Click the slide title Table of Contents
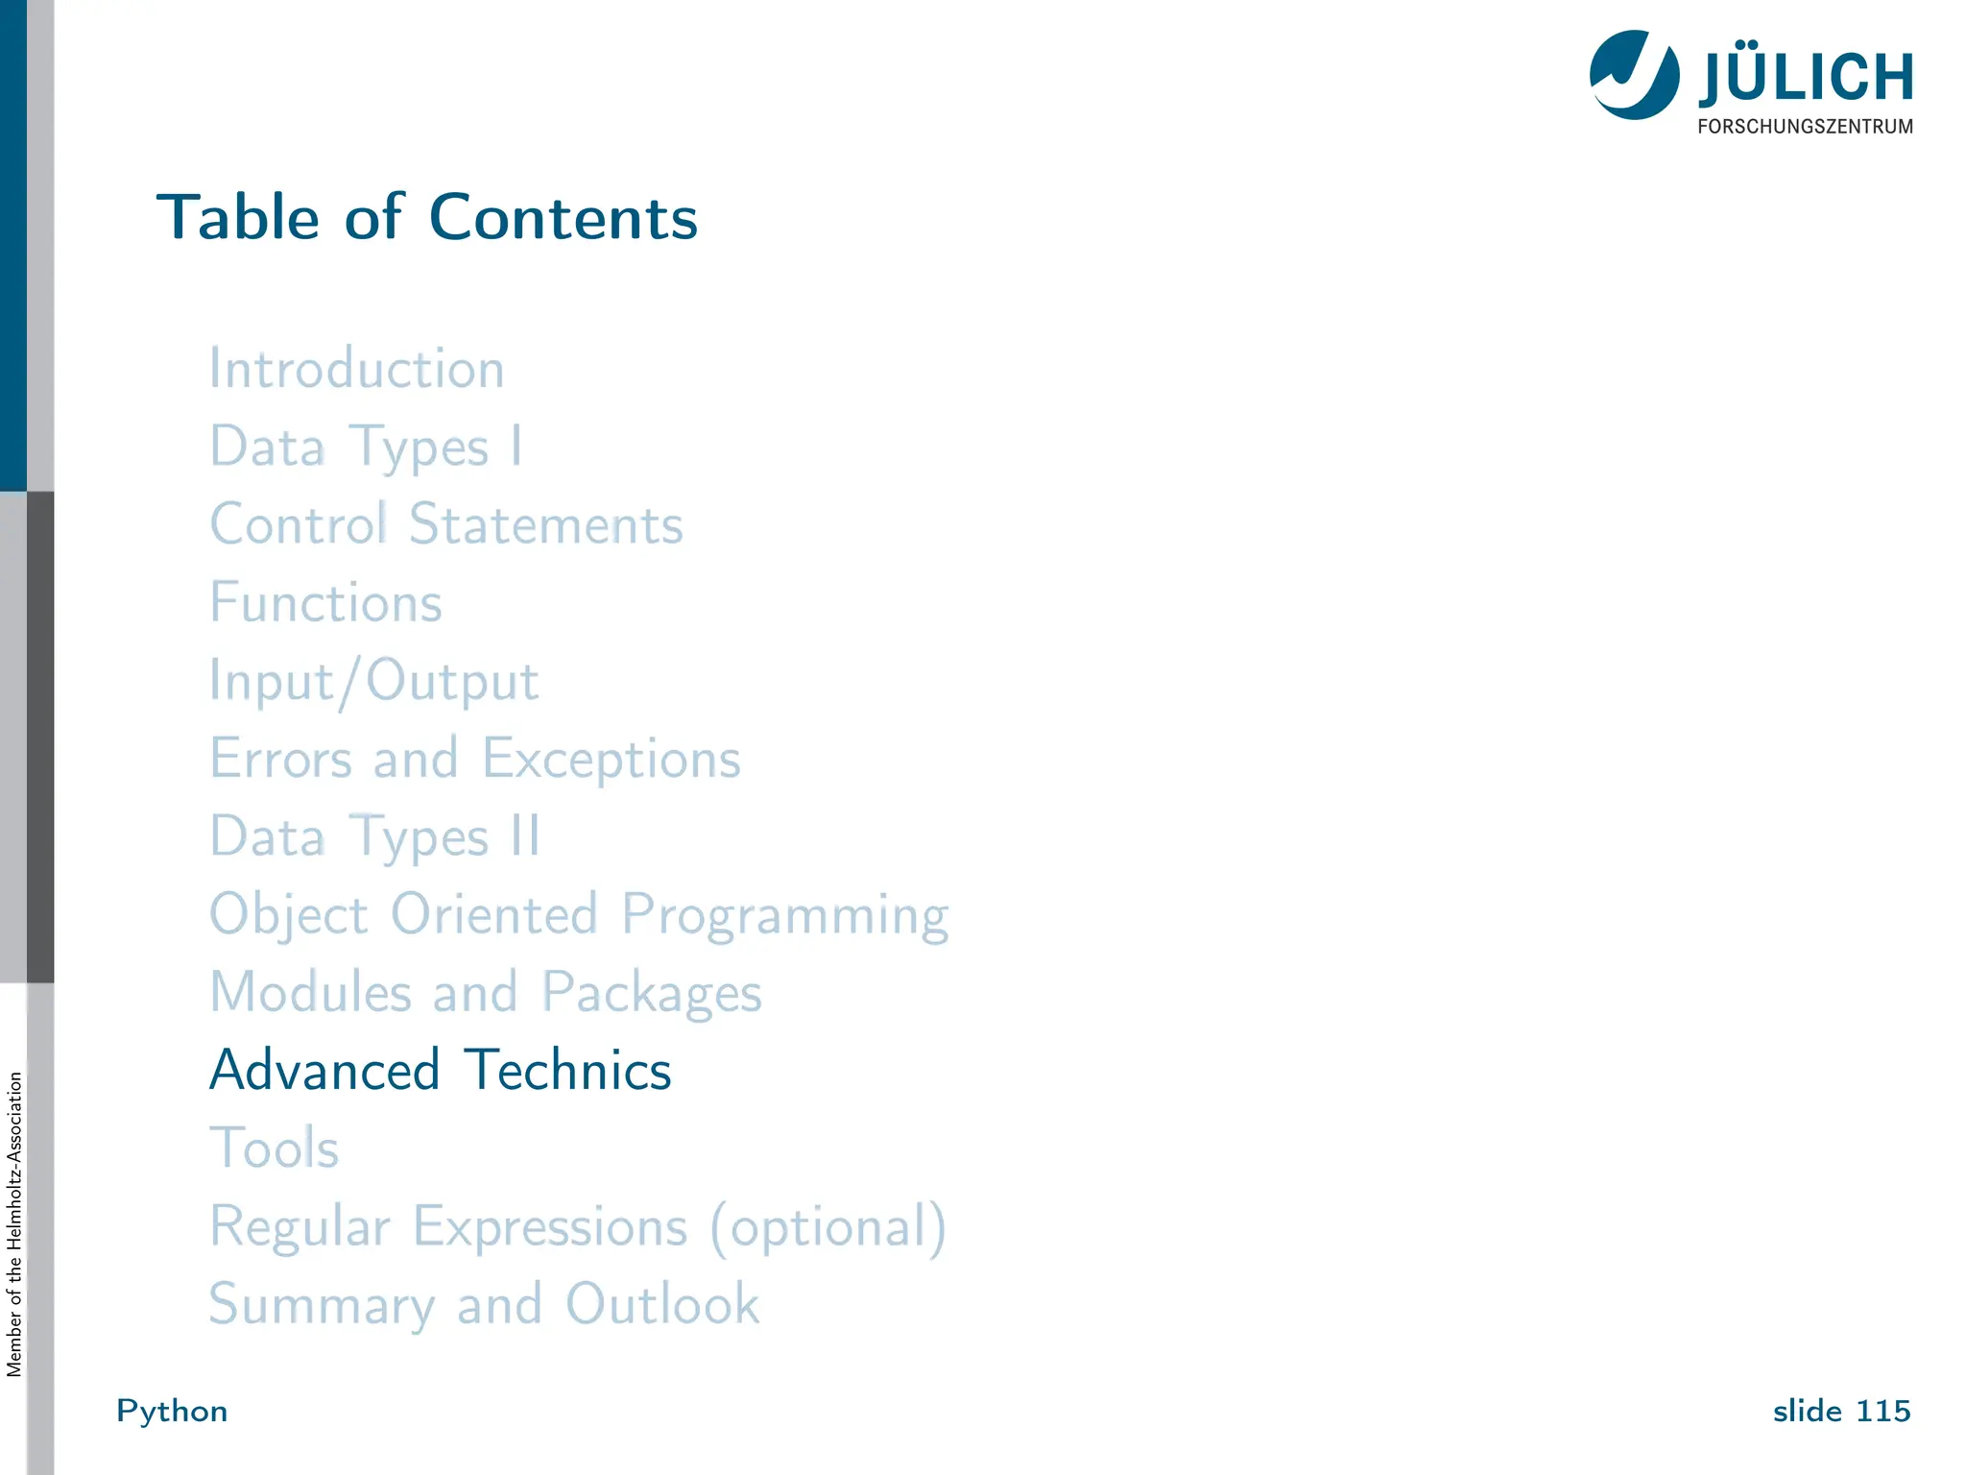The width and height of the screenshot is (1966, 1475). pos(427,217)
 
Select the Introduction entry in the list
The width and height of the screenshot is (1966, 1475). pos(357,369)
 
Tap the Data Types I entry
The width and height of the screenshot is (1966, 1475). pos(366,447)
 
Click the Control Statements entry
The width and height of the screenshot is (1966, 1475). pos(446,525)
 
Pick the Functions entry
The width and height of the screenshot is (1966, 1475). pos(326,603)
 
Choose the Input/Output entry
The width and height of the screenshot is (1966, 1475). pos(374,682)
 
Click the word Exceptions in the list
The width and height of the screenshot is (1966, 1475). pos(611,760)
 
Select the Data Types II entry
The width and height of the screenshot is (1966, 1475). pos(375,837)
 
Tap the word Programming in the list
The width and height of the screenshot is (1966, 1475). pos(785,915)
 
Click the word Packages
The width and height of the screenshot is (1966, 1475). pos(652,993)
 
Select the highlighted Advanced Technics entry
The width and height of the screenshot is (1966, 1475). pos(441,1071)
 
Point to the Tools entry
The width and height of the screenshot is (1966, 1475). pos(275,1149)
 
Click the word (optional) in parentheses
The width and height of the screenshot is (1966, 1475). pos(828,1227)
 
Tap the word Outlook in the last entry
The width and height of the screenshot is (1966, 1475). pos(662,1305)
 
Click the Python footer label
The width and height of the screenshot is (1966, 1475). pos(172,1412)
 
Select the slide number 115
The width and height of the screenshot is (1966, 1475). pos(1882,1412)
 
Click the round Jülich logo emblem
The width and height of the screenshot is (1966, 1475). pos(1634,75)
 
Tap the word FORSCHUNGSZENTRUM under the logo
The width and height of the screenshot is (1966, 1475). pos(1805,127)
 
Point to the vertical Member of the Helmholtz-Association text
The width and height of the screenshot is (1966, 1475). pos(14,1224)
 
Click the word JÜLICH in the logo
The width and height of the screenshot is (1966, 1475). pos(1806,77)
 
